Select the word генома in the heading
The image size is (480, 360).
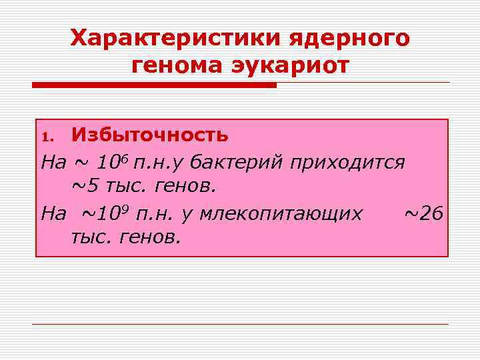(175, 67)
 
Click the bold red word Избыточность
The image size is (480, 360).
(150, 135)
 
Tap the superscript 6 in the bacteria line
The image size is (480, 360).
(123, 157)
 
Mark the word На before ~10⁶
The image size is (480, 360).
(53, 163)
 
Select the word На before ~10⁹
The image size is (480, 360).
(53, 215)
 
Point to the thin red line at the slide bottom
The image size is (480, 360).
(240, 325)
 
